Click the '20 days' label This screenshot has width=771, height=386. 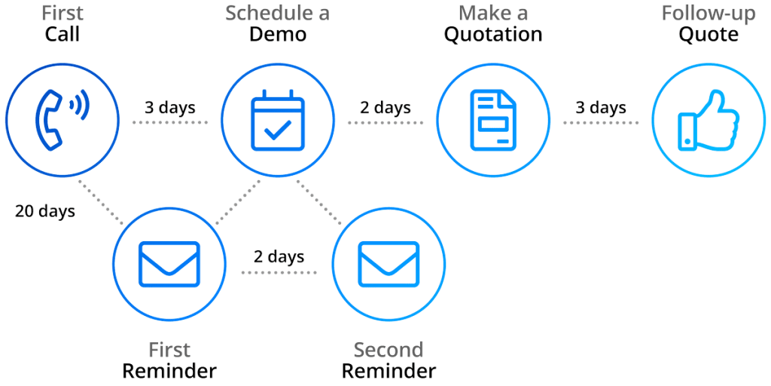45,211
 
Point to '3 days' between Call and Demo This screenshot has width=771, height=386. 170,108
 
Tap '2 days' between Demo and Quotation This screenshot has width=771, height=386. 385,108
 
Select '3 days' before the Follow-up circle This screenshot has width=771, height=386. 601,108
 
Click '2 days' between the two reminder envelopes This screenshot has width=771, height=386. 279,256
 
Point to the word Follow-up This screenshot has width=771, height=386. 699,14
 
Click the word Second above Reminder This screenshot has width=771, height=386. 389,351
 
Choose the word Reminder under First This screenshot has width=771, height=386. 169,371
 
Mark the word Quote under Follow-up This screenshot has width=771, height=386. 708,35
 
